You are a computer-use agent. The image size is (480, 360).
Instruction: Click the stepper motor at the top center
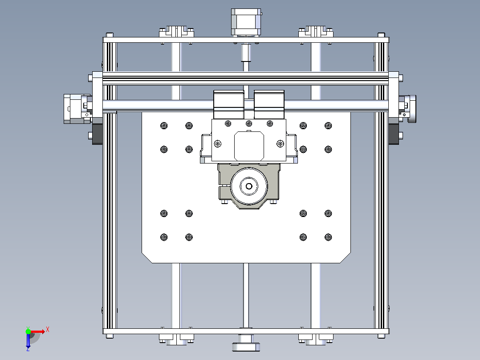click(246, 22)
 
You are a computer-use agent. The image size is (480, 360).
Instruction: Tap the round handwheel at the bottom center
click(246, 345)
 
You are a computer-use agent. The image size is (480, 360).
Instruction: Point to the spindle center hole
click(249, 186)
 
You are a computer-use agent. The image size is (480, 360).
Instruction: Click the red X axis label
click(48, 330)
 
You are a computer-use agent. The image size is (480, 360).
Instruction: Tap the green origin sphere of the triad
click(28, 331)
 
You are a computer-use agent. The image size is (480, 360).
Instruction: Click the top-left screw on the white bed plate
click(164, 126)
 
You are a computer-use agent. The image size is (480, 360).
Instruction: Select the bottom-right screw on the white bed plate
click(328, 237)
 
